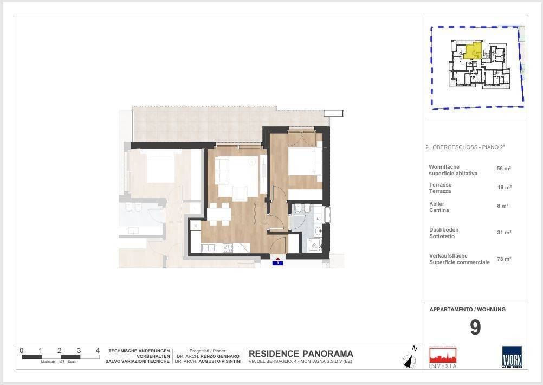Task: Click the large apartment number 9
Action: pos(475,328)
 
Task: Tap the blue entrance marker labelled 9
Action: pos(277,262)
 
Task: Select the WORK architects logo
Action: pos(512,357)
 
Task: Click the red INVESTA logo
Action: pos(443,357)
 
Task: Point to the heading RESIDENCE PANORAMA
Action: pos(301,354)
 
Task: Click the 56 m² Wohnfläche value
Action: pos(504,169)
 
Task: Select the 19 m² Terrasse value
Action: pos(504,188)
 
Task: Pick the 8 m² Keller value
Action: pos(503,206)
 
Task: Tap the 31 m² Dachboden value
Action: pos(504,233)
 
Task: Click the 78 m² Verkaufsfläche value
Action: pos(504,259)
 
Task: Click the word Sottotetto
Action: pos(442,236)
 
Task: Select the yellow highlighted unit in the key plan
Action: pos(473,51)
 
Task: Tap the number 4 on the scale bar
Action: pos(98,351)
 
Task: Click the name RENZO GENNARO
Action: pos(219,356)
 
